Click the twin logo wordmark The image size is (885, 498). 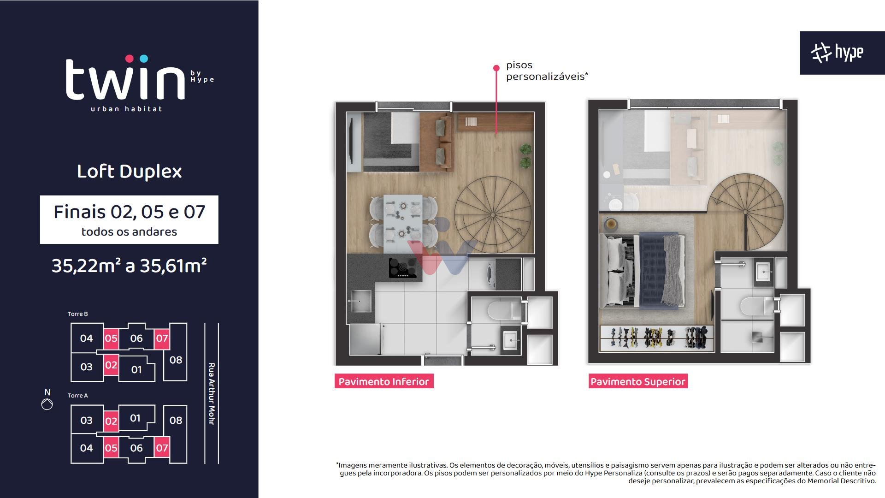[125, 79]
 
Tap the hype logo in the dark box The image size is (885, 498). [838, 53]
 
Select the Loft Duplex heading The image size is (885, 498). [129, 172]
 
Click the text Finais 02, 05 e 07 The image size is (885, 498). [129, 212]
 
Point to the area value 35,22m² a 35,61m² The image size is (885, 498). [129, 266]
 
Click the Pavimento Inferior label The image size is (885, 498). [383, 381]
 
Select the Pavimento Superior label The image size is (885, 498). [637, 381]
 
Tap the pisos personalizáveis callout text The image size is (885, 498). [546, 71]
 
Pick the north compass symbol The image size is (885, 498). [47, 404]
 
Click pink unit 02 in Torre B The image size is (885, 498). [111, 365]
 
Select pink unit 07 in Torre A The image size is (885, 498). [162, 448]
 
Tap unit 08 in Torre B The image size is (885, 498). [176, 360]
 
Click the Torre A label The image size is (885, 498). [77, 396]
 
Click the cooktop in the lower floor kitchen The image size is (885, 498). [402, 268]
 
